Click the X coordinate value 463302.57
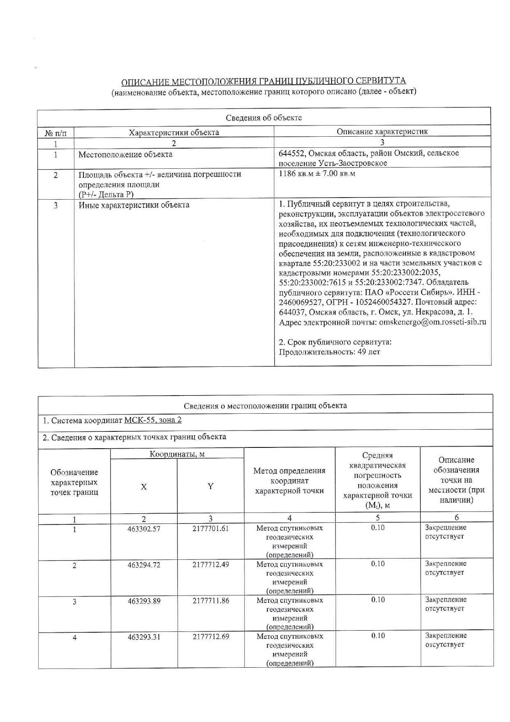coord(144,529)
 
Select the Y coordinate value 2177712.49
coord(211,564)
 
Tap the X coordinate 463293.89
coord(144,601)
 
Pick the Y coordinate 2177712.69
coord(211,636)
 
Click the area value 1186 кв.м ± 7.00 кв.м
coord(317,174)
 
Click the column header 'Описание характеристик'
coord(382,132)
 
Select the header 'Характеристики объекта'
coord(174,133)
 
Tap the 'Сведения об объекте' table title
coord(264,118)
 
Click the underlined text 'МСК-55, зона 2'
coord(153,420)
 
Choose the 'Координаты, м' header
coord(177,454)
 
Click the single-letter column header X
coord(144,487)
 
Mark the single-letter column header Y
coord(211,486)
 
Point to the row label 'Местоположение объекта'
coord(125,155)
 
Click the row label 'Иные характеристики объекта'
coord(134,205)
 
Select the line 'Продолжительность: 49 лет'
coord(329,352)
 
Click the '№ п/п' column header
coord(56,133)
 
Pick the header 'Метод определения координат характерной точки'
coord(289,480)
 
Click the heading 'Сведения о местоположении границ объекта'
coord(265,405)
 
